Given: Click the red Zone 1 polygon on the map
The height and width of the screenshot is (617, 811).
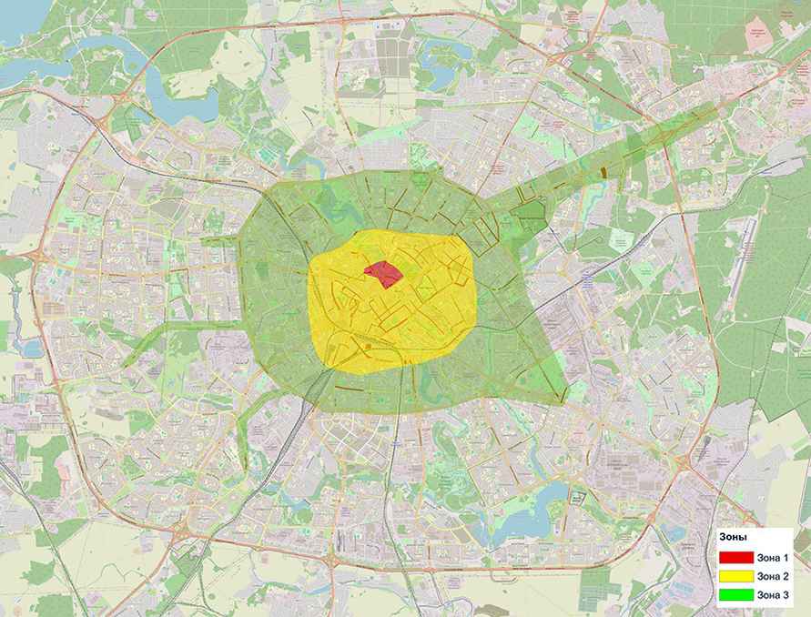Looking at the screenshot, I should (x=384, y=272).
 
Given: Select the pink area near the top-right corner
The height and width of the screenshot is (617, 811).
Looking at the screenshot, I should (x=757, y=36).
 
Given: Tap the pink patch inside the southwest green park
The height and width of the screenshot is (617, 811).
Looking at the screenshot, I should (x=64, y=464).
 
